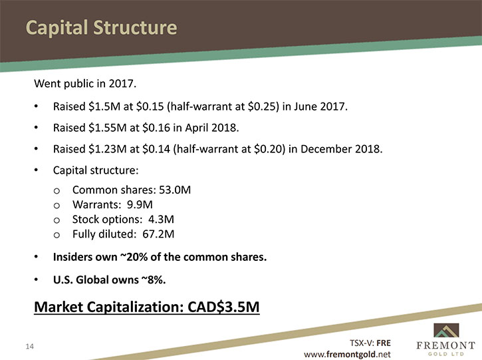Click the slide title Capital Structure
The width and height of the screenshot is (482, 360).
[x=102, y=28]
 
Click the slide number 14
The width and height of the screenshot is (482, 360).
[x=29, y=347]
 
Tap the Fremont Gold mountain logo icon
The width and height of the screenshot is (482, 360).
[x=446, y=330]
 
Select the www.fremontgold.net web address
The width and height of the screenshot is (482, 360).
[x=347, y=355]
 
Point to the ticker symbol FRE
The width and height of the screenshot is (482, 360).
[x=384, y=343]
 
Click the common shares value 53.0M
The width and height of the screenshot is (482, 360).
[x=175, y=190]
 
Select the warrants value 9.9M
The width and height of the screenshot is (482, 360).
[x=140, y=204]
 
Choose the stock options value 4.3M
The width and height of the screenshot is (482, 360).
[x=161, y=220]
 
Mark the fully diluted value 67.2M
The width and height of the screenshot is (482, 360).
[x=158, y=234]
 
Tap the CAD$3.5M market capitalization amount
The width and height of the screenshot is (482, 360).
[x=223, y=307]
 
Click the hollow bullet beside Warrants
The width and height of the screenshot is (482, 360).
[x=57, y=206]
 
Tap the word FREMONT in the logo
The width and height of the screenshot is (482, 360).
[x=445, y=345]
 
